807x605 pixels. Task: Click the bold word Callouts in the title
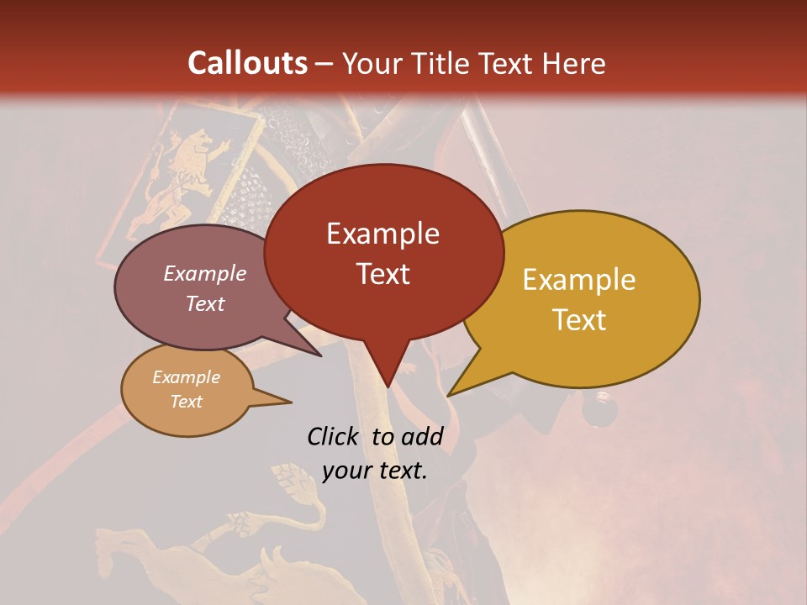(247, 63)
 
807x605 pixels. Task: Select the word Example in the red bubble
(382, 234)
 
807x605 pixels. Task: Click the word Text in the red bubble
(382, 274)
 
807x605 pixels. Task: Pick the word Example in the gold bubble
(579, 280)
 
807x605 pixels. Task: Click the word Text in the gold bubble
(579, 320)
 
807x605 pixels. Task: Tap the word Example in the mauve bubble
(205, 273)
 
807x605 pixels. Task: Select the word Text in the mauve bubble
(205, 303)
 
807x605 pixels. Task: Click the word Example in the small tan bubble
(187, 377)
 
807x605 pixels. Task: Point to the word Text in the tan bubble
(187, 402)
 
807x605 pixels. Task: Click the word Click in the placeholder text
(334, 436)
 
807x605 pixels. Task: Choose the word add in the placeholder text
(421, 436)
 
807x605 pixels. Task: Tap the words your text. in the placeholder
(375, 471)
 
